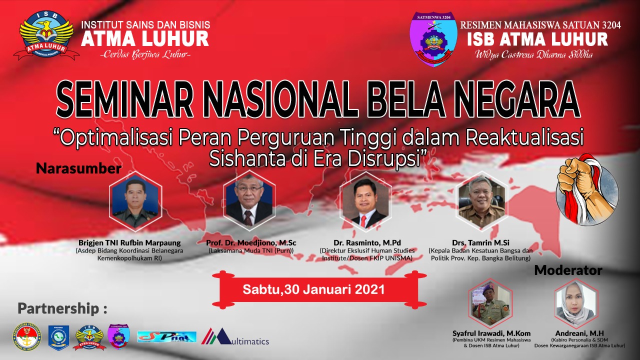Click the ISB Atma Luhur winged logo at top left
pyautogui.click(x=46, y=38)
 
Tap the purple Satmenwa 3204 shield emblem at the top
pyautogui.click(x=433, y=39)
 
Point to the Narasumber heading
pyautogui.click(x=78, y=168)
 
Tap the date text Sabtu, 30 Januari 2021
pyautogui.click(x=313, y=289)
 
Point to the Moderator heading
pyautogui.click(x=568, y=270)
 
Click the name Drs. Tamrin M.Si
pyautogui.click(x=480, y=242)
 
